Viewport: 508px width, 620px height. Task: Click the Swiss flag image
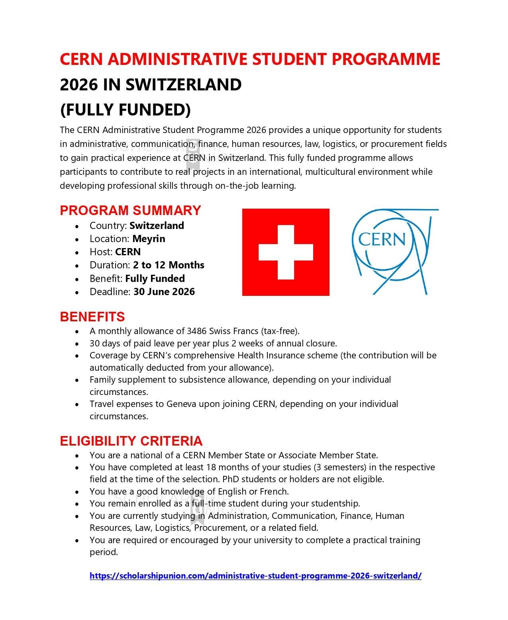coord(285,252)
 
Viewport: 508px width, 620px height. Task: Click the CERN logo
coord(394,252)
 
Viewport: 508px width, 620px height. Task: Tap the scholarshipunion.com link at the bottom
coord(255,575)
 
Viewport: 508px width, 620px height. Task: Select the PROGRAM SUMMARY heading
coord(130,210)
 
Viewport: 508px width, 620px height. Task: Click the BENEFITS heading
coord(92,317)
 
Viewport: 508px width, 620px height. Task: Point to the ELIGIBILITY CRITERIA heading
coord(131,441)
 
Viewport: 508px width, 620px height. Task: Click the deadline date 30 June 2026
coord(164,291)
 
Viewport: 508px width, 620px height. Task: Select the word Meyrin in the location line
coord(148,239)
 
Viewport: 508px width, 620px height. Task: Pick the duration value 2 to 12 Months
coord(169,265)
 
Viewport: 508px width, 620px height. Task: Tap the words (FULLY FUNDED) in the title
coord(125,110)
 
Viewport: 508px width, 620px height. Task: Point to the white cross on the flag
coord(285,252)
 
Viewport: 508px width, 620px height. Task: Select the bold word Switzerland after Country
coord(157,225)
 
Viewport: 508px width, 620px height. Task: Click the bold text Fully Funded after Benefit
coord(155,278)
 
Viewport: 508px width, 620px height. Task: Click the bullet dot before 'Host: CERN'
coord(77,252)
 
